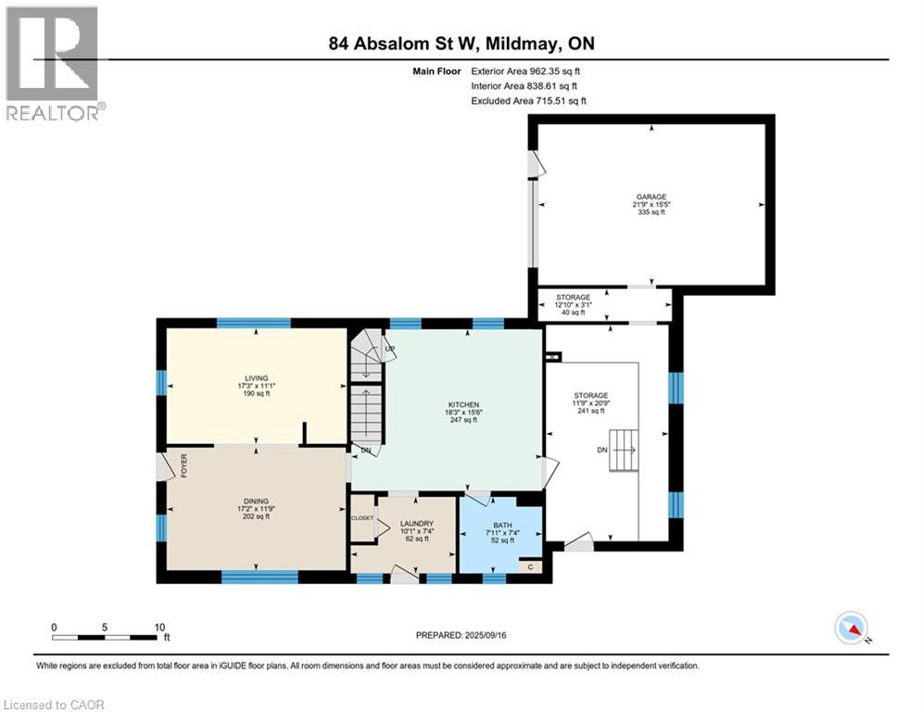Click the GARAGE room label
click(650, 197)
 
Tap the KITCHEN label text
click(463, 405)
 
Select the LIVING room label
click(257, 378)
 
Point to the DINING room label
click(257, 502)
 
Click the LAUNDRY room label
click(417, 524)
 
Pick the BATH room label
click(503, 525)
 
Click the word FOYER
click(184, 465)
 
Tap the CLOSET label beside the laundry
click(362, 518)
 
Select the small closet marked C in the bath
click(530, 566)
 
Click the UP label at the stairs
click(389, 349)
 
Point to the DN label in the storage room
click(602, 451)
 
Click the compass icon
click(852, 629)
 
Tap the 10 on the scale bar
click(160, 628)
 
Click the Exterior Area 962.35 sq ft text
click(525, 71)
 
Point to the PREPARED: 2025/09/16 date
click(461, 635)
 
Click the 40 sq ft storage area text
click(574, 312)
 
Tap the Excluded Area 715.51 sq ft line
click(528, 101)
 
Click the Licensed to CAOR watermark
click(54, 705)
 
